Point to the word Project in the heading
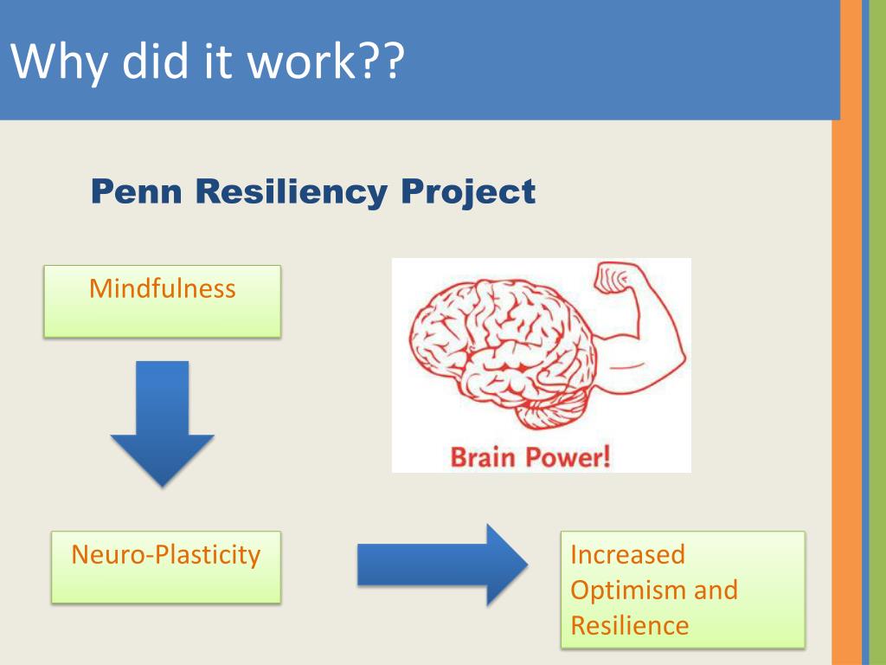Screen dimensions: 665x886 [x=468, y=191]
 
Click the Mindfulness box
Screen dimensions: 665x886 [x=163, y=300]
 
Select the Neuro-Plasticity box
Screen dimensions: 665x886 [x=166, y=566]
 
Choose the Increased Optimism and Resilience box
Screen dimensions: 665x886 [x=682, y=589]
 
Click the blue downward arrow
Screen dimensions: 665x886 [x=162, y=423]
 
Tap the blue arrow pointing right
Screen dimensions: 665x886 [x=441, y=565]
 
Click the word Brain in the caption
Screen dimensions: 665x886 [x=485, y=456]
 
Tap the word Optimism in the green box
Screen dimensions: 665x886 [x=620, y=590]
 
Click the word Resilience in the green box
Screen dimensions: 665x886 [x=630, y=625]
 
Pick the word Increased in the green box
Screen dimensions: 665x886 [x=627, y=554]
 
